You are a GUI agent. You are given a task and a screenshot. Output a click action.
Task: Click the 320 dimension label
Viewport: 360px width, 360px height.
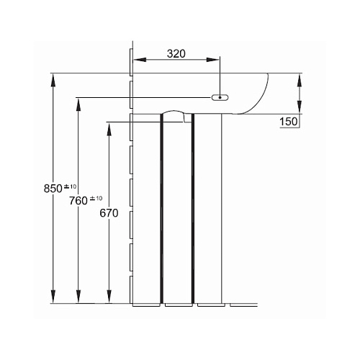point(176,54)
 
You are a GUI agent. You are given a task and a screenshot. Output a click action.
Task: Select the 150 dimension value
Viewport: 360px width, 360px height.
point(289,122)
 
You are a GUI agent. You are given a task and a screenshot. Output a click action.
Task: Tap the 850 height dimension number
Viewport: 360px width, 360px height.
point(53,189)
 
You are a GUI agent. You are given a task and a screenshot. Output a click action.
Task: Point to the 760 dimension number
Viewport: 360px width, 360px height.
point(78,201)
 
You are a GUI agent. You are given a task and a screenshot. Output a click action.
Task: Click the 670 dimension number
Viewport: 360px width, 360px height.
point(109,213)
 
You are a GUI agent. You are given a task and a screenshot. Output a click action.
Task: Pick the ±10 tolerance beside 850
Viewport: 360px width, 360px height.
point(70,186)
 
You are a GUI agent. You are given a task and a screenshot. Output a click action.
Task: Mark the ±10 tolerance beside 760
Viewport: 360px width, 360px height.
point(96,199)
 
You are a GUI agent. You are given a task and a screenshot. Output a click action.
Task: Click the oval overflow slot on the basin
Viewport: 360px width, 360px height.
point(220,97)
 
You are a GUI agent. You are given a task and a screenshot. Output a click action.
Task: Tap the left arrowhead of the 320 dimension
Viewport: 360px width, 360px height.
point(140,60)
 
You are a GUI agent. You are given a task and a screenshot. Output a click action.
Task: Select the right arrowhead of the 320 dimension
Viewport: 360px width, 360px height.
point(213,60)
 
